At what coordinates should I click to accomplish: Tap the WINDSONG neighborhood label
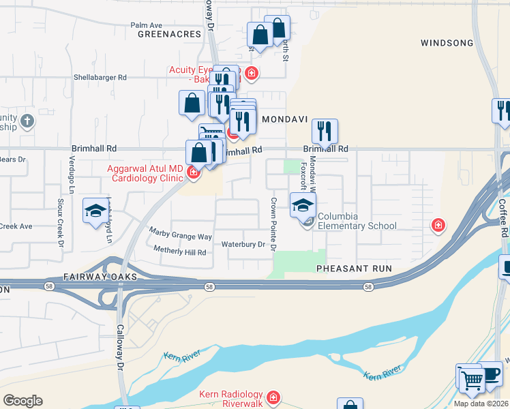(x=447, y=43)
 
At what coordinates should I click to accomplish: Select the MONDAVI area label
(x=282, y=119)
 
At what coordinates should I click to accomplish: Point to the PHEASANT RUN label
(x=354, y=269)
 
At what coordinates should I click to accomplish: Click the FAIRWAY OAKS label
(x=100, y=277)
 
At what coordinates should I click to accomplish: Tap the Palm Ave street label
(x=146, y=25)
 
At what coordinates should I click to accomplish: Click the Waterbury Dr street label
(x=243, y=244)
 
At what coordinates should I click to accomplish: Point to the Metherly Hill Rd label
(x=179, y=252)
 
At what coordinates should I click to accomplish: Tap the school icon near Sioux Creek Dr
(x=95, y=210)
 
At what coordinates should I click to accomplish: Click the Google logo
(x=22, y=401)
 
